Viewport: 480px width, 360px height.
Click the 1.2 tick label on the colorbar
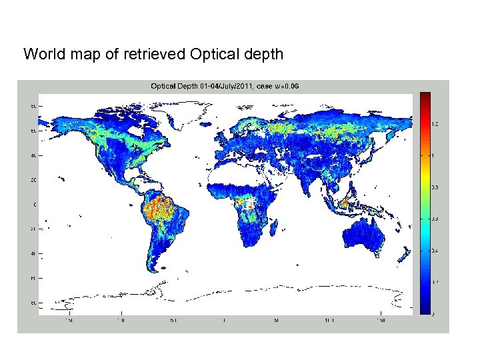[x=435, y=125]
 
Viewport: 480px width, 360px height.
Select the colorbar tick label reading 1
[x=433, y=156]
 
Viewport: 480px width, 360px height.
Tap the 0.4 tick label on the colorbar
[x=435, y=251]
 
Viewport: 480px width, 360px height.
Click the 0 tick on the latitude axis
[x=35, y=205]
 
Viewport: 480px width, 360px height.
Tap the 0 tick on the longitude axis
[x=225, y=321]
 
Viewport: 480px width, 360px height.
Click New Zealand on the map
[x=405, y=257]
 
